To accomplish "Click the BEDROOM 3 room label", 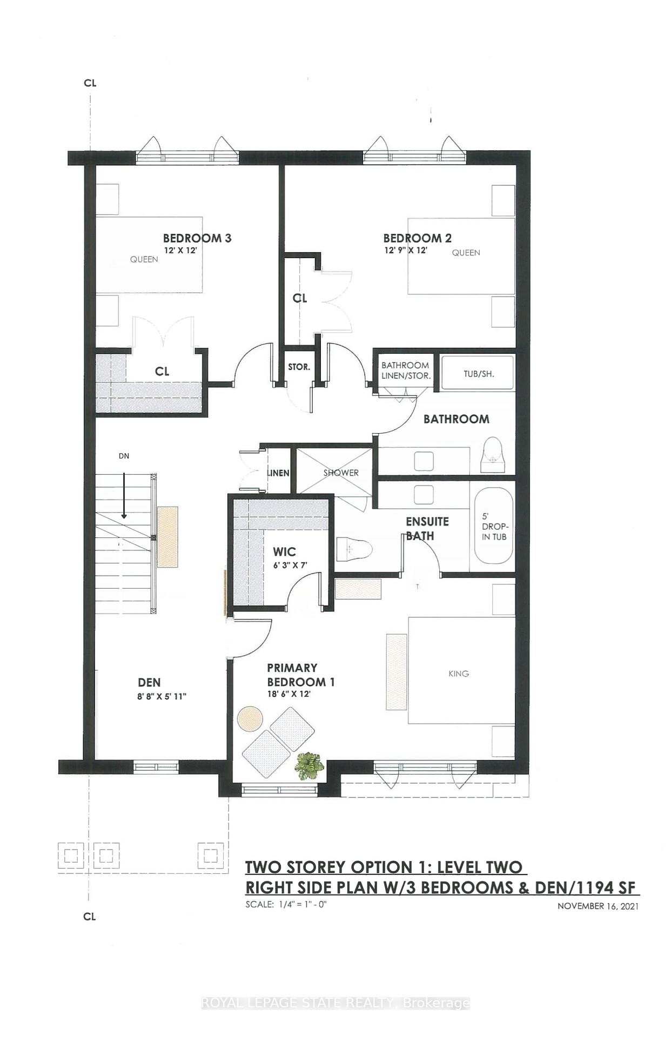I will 197,238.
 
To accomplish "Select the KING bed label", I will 458,674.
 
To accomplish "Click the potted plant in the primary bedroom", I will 308,765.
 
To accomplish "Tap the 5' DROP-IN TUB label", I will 494,527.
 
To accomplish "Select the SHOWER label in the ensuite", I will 341,473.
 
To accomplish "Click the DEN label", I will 149,683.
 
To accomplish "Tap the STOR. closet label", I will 299,367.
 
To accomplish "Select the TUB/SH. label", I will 479,374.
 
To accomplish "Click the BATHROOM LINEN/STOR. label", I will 405,370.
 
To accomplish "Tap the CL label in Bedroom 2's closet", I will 300,299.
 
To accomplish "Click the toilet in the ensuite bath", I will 354,550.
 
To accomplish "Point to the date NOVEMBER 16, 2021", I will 598,906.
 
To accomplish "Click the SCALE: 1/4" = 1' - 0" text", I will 286,904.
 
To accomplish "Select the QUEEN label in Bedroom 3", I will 144,259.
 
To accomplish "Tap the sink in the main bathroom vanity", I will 424,461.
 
